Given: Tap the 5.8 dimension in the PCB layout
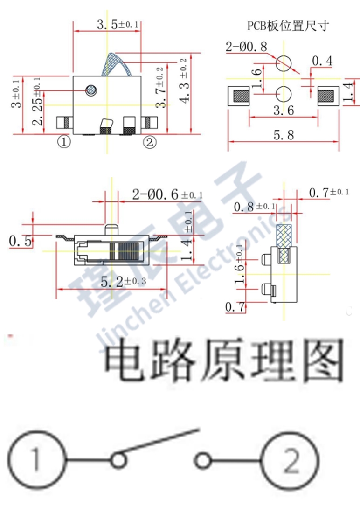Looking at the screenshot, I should pyautogui.click(x=283, y=136).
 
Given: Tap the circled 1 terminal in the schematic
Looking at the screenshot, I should pyautogui.click(x=36, y=461).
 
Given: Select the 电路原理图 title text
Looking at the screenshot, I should pyautogui.click(x=223, y=361).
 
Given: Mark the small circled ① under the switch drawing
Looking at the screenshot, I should pyautogui.click(x=64, y=141).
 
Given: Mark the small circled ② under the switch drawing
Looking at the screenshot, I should pyautogui.click(x=149, y=141).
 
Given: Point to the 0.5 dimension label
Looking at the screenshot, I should pyautogui.click(x=21, y=241).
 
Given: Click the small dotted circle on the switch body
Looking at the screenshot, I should pyautogui.click(x=92, y=90).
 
